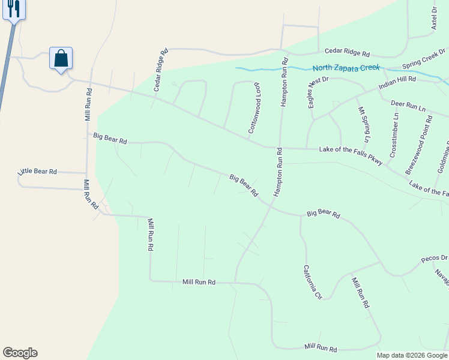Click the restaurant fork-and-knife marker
[14, 9]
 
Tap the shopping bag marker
[61, 58]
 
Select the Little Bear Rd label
[37, 172]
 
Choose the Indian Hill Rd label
[397, 83]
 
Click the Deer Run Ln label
[408, 106]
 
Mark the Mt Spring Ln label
[363, 128]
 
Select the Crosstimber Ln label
[394, 136]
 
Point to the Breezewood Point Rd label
[420, 142]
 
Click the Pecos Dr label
[434, 259]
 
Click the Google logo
[20, 353]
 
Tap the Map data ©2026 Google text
[412, 355]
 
